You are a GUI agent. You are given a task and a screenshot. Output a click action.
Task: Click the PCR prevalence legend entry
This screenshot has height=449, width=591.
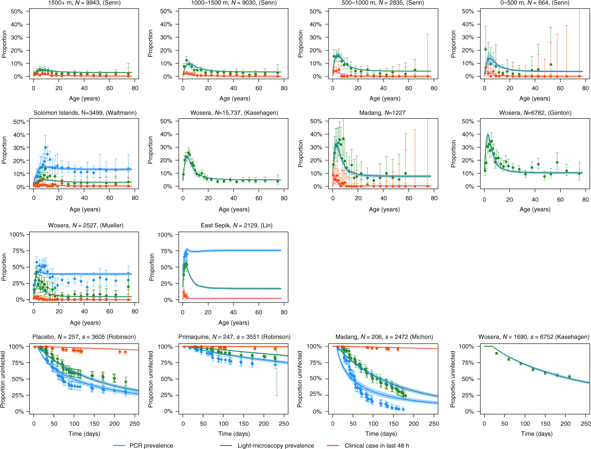(151, 446)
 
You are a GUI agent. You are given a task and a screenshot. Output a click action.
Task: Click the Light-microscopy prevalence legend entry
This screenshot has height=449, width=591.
(276, 446)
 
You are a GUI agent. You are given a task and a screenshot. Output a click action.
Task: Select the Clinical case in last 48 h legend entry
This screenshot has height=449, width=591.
(377, 446)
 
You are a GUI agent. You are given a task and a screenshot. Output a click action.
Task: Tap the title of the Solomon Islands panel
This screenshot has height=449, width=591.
(85, 113)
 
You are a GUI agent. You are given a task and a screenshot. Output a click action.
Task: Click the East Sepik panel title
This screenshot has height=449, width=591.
(237, 225)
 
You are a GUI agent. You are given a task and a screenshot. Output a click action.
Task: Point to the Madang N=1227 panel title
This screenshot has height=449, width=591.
(382, 113)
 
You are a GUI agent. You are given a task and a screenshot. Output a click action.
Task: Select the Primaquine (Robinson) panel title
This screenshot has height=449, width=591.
(234, 337)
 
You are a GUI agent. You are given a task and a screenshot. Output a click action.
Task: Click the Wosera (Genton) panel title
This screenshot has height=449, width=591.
(535, 113)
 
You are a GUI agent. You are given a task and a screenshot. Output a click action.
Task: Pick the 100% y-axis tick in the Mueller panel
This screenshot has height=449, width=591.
(17, 235)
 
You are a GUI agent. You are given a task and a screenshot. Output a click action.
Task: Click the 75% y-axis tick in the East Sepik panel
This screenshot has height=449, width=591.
(166, 251)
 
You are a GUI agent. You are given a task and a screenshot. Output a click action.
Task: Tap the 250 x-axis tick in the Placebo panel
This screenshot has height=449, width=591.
(134, 424)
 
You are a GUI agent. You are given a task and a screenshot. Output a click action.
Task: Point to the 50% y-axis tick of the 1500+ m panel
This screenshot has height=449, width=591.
(17, 12)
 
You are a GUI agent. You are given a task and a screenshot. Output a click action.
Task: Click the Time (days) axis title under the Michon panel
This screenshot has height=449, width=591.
(381, 434)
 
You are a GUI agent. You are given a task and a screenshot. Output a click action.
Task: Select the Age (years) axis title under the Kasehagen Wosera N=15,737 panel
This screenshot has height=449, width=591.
(234, 209)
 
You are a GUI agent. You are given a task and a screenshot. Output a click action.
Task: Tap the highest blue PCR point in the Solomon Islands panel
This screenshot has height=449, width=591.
(45, 147)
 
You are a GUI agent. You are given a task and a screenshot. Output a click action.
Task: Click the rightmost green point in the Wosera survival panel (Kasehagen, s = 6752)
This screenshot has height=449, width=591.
(569, 376)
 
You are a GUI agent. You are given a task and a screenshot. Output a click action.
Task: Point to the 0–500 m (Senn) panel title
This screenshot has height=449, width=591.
(535, 3)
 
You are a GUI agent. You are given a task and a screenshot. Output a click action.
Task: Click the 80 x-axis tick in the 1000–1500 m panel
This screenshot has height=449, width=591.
(284, 88)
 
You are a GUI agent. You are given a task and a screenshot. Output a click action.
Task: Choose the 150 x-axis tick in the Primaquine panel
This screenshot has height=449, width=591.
(243, 424)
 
